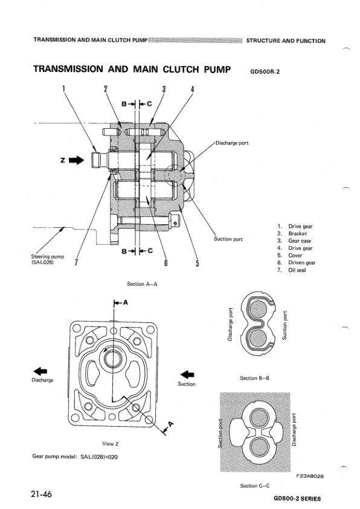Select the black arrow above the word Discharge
40,371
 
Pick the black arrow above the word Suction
188,374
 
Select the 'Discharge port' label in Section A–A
232,143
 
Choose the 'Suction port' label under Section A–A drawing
228,239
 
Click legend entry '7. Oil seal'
293,270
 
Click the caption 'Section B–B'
254,378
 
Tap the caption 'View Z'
111,443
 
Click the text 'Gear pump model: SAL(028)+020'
75,456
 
